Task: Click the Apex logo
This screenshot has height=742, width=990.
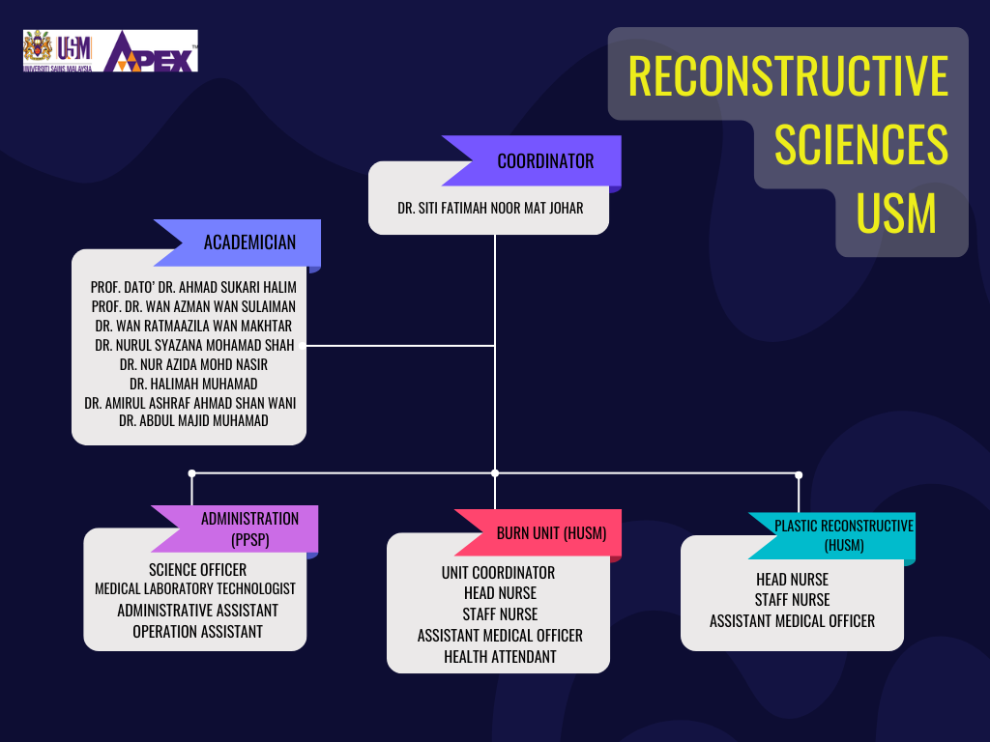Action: pyautogui.click(x=151, y=51)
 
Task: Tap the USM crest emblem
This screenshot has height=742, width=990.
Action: pyautogui.click(x=38, y=46)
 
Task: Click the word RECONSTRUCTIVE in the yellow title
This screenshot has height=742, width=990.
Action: pyautogui.click(x=788, y=76)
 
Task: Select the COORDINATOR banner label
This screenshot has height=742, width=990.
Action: pyautogui.click(x=545, y=161)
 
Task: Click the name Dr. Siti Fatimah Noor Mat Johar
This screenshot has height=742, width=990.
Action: pyautogui.click(x=490, y=209)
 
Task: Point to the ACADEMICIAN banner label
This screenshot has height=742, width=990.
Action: pyautogui.click(x=249, y=243)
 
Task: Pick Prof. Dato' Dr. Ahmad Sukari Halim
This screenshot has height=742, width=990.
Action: pyautogui.click(x=193, y=288)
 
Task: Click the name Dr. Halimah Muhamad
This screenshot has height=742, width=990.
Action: pyautogui.click(x=193, y=384)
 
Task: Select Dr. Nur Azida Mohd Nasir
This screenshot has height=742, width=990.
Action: pyautogui.click(x=193, y=364)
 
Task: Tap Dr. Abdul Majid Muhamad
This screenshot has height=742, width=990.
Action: pyautogui.click(x=193, y=421)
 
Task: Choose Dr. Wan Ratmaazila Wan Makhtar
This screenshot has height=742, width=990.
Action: pyautogui.click(x=193, y=327)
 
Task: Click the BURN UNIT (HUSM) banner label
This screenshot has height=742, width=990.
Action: pyautogui.click(x=551, y=533)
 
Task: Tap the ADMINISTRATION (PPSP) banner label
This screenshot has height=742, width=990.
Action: pyautogui.click(x=250, y=529)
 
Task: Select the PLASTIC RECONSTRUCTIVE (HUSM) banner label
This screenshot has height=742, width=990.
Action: pyautogui.click(x=844, y=535)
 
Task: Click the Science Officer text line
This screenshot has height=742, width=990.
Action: pyautogui.click(x=197, y=570)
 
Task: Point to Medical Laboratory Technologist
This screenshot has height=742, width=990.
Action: pyautogui.click(x=195, y=588)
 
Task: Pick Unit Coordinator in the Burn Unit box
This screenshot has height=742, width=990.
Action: pyautogui.click(x=498, y=573)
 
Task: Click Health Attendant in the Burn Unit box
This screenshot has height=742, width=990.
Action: pyautogui.click(x=500, y=657)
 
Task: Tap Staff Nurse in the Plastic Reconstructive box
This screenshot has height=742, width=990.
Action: pyautogui.click(x=793, y=600)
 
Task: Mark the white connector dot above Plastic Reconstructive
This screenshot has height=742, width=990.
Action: pyautogui.click(x=799, y=474)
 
